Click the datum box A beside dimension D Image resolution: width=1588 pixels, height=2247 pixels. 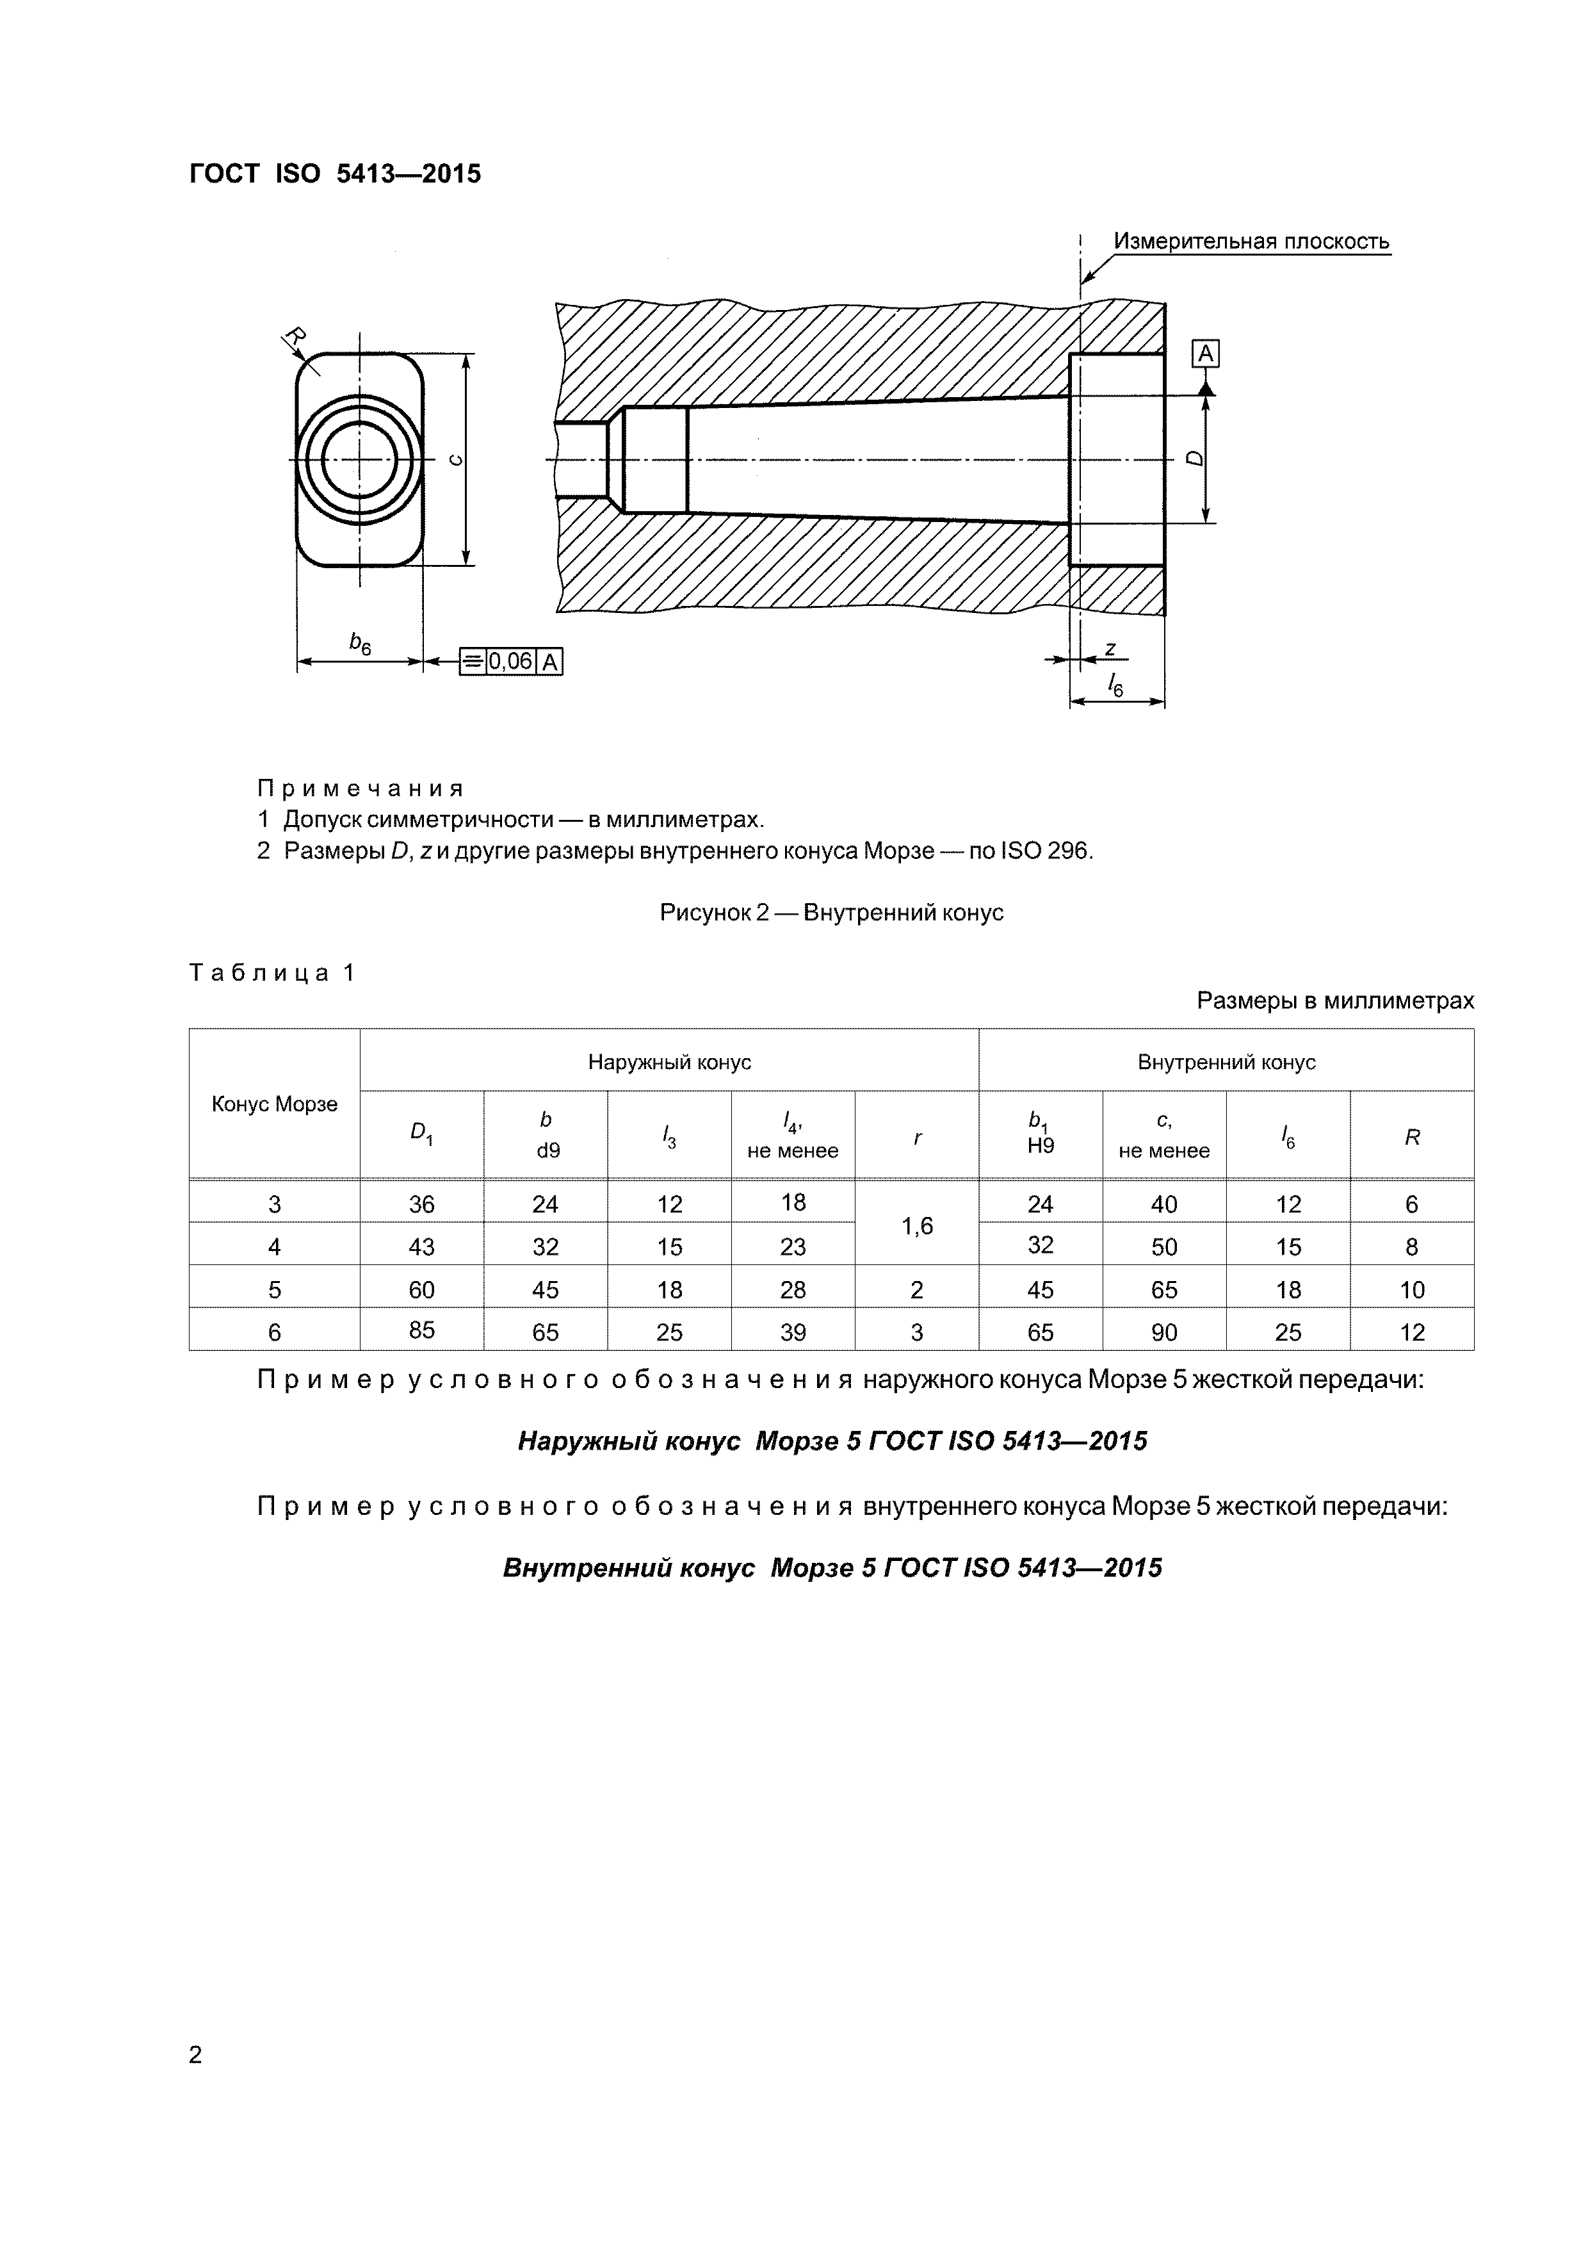pos(1206,354)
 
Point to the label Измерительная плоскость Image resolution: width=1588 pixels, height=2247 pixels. pos(1251,241)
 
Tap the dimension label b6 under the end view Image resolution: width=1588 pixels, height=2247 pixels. pos(360,643)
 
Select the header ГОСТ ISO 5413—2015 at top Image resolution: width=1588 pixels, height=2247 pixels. pos(335,174)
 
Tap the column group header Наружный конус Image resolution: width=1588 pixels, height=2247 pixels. pos(669,1062)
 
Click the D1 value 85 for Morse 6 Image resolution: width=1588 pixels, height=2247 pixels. pos(422,1330)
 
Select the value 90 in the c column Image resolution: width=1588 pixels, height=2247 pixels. pos(1163,1332)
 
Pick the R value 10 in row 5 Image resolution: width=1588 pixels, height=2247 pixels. pos(1411,1290)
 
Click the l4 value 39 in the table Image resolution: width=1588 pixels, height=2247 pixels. pos(793,1332)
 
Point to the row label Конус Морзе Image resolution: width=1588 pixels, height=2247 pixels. pos(274,1104)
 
